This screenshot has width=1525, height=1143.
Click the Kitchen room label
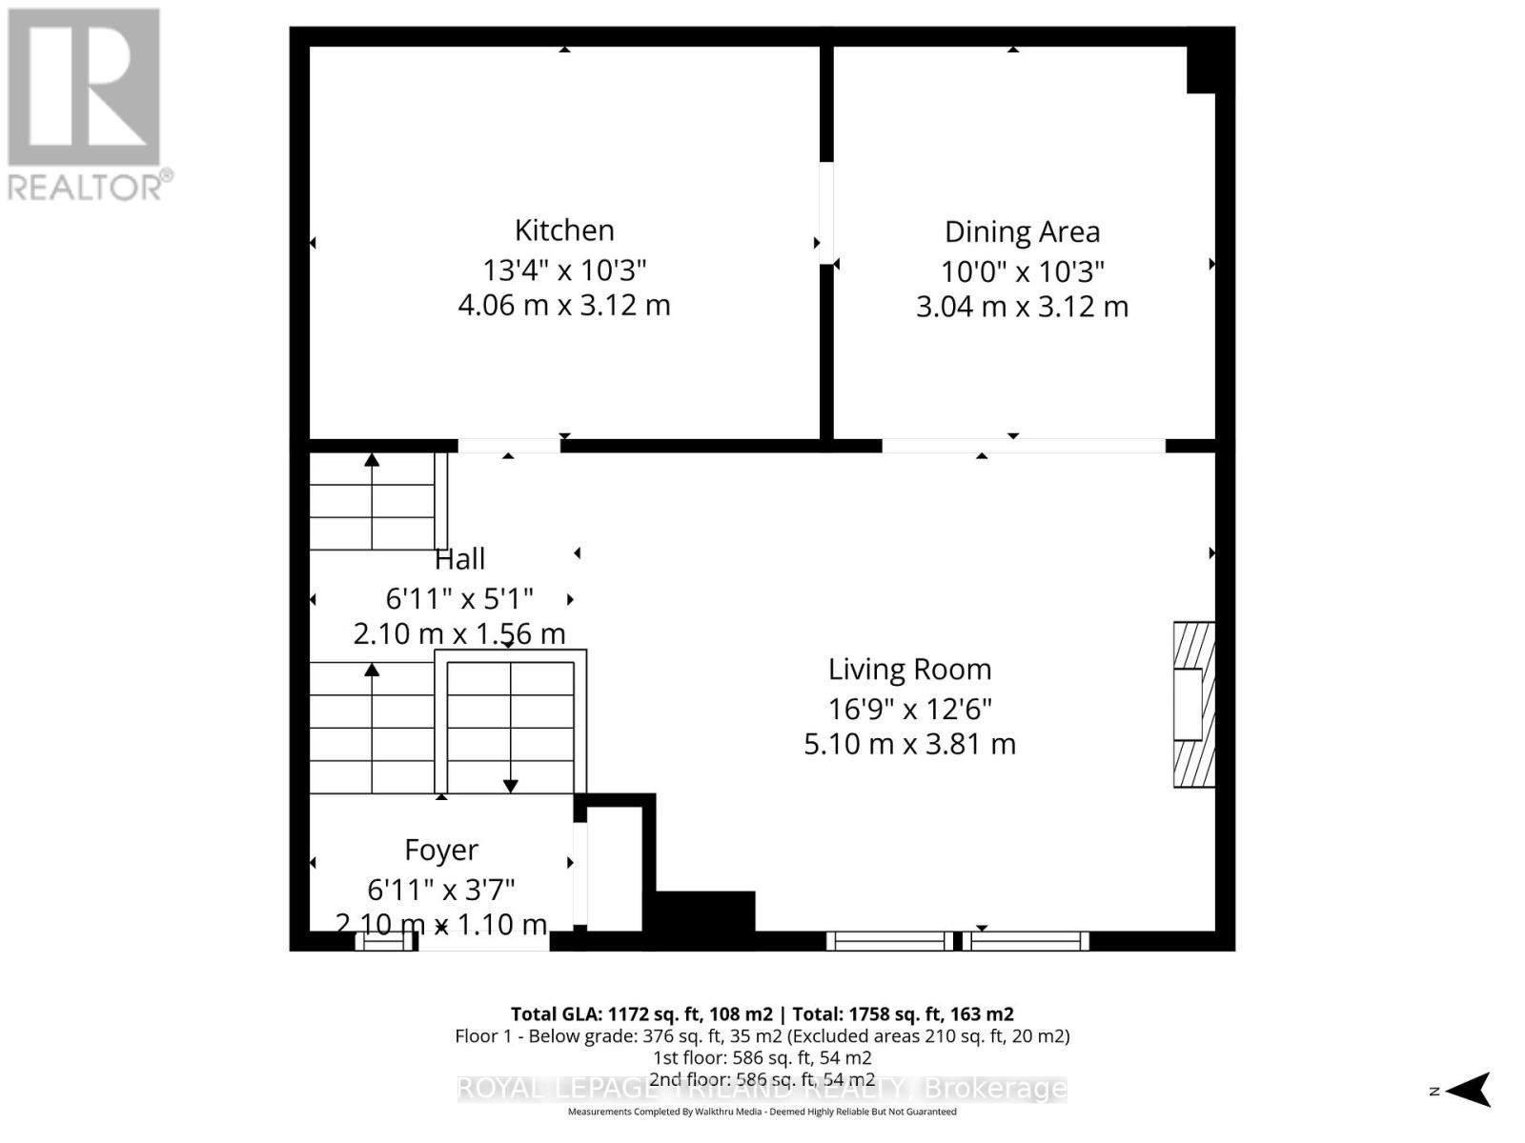pos(564,231)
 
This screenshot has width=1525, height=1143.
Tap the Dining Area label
pos(1022,231)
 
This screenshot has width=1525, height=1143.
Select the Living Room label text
pos(909,670)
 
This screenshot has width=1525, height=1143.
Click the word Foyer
pos(441,850)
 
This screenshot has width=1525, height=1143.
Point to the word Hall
pos(460,559)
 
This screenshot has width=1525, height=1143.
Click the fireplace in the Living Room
pos(1193,704)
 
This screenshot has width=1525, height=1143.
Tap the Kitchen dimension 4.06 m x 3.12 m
pos(564,306)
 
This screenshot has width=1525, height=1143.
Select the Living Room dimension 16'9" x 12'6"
pos(909,710)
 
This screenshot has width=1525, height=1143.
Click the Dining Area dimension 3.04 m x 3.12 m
pos(1022,307)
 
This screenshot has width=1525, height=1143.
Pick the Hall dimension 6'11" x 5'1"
pos(459,599)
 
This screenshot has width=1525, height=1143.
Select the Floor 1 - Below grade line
pos(762,1036)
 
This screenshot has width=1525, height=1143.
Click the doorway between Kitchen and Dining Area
pos(826,213)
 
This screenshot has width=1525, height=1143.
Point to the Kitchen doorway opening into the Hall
pos(508,446)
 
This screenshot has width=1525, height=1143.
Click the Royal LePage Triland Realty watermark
pos(762,1088)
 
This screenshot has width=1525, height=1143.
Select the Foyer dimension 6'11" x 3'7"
pos(441,890)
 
